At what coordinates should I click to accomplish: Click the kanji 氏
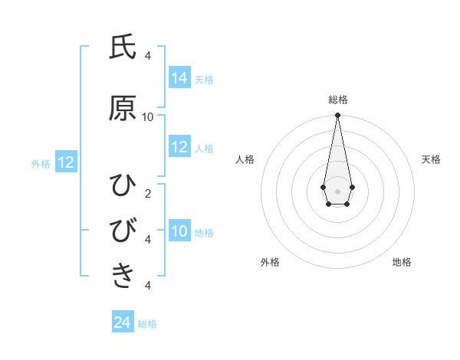coord(123,47)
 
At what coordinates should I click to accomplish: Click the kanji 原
coord(123,109)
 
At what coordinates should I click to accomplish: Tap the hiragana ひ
coord(123,185)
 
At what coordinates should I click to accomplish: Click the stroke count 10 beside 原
coord(148,116)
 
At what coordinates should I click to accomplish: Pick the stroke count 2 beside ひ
coord(148,193)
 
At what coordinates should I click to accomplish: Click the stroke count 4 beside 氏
coord(148,55)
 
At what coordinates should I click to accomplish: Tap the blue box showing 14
coord(179,77)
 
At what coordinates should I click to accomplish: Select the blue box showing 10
coord(179,231)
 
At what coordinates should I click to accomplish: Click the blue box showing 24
coord(123,322)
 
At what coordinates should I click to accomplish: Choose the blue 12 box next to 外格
coord(66,162)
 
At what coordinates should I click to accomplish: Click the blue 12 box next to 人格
coord(179,147)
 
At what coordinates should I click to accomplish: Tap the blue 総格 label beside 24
coord(147,324)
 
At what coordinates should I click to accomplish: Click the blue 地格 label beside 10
coord(204,232)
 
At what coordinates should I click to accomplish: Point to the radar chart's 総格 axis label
coord(337,100)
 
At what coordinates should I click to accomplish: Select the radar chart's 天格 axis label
coord(431,159)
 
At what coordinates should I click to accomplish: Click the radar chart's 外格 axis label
coord(270,262)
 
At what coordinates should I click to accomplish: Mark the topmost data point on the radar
coord(337,116)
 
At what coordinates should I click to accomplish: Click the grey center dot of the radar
coord(337,190)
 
